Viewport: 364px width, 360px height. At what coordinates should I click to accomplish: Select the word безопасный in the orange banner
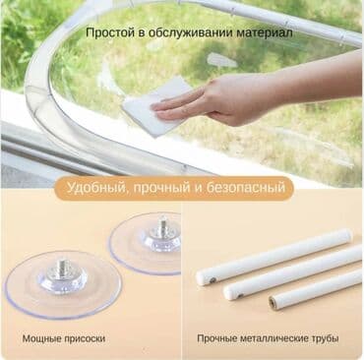[x=250, y=186]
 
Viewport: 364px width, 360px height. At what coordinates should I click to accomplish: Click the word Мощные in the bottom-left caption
[x=47, y=338]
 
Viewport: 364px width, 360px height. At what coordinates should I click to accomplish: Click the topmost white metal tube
[x=275, y=254]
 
